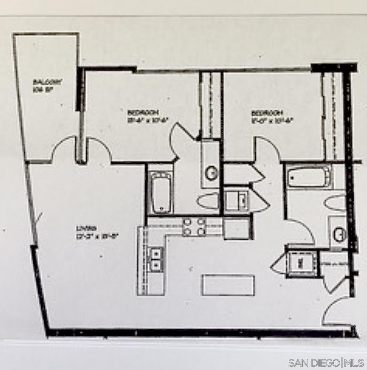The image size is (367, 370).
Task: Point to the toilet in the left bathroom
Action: click(x=209, y=201)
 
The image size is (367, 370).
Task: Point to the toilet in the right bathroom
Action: click(x=335, y=203)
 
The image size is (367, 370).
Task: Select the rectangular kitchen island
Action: click(x=228, y=285)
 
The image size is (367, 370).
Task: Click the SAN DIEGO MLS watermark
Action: click(x=326, y=362)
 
